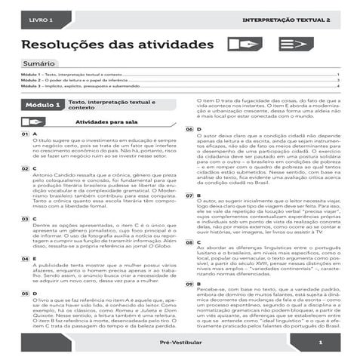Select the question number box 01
point(25,134)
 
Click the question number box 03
point(25,217)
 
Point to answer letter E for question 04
point(35,259)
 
